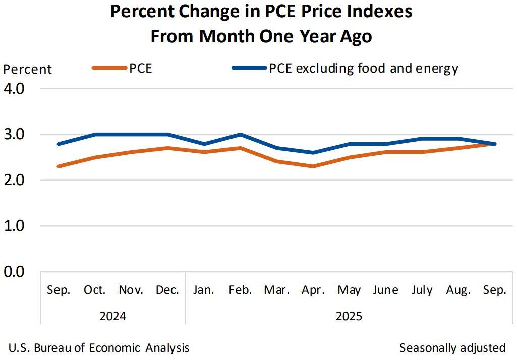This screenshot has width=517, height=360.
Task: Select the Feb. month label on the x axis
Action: click(240, 290)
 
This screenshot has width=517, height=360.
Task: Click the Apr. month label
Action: click(313, 290)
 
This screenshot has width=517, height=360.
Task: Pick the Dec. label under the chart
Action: click(167, 290)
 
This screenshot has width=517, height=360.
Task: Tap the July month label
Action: click(422, 290)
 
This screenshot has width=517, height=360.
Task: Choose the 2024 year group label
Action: click(112, 317)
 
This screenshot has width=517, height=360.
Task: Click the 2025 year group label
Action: click(349, 317)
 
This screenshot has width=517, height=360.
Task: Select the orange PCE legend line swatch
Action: click(109, 68)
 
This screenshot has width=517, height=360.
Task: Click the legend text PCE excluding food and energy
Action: click(363, 68)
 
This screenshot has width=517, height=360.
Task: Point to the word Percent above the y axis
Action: click(28, 69)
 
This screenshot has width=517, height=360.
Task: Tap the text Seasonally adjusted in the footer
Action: click(452, 348)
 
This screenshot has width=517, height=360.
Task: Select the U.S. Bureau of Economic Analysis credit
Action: click(99, 348)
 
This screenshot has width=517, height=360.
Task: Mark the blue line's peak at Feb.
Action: click(240, 135)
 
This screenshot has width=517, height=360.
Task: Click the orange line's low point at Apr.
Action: click(313, 166)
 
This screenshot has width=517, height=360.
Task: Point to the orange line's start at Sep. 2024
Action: click(59, 166)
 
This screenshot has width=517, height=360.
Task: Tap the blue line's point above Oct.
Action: click(95, 135)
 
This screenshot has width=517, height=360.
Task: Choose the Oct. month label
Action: click(95, 290)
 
